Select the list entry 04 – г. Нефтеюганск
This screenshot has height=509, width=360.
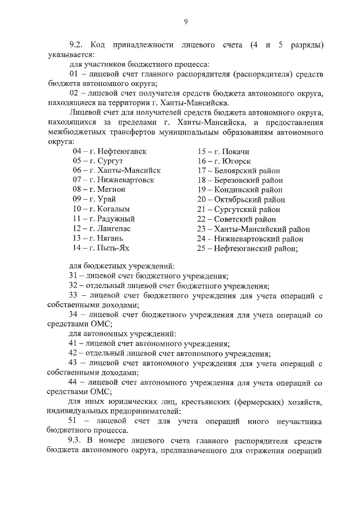(x=110, y=152)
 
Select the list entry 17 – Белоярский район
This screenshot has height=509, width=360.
(x=238, y=170)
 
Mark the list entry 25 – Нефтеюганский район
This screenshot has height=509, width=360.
(x=247, y=247)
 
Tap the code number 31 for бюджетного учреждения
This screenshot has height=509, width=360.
(x=73, y=276)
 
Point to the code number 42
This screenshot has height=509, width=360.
(x=73, y=354)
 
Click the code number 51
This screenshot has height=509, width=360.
(x=73, y=421)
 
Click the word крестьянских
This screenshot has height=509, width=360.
(x=194, y=402)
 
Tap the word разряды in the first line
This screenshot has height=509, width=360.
(x=304, y=44)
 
